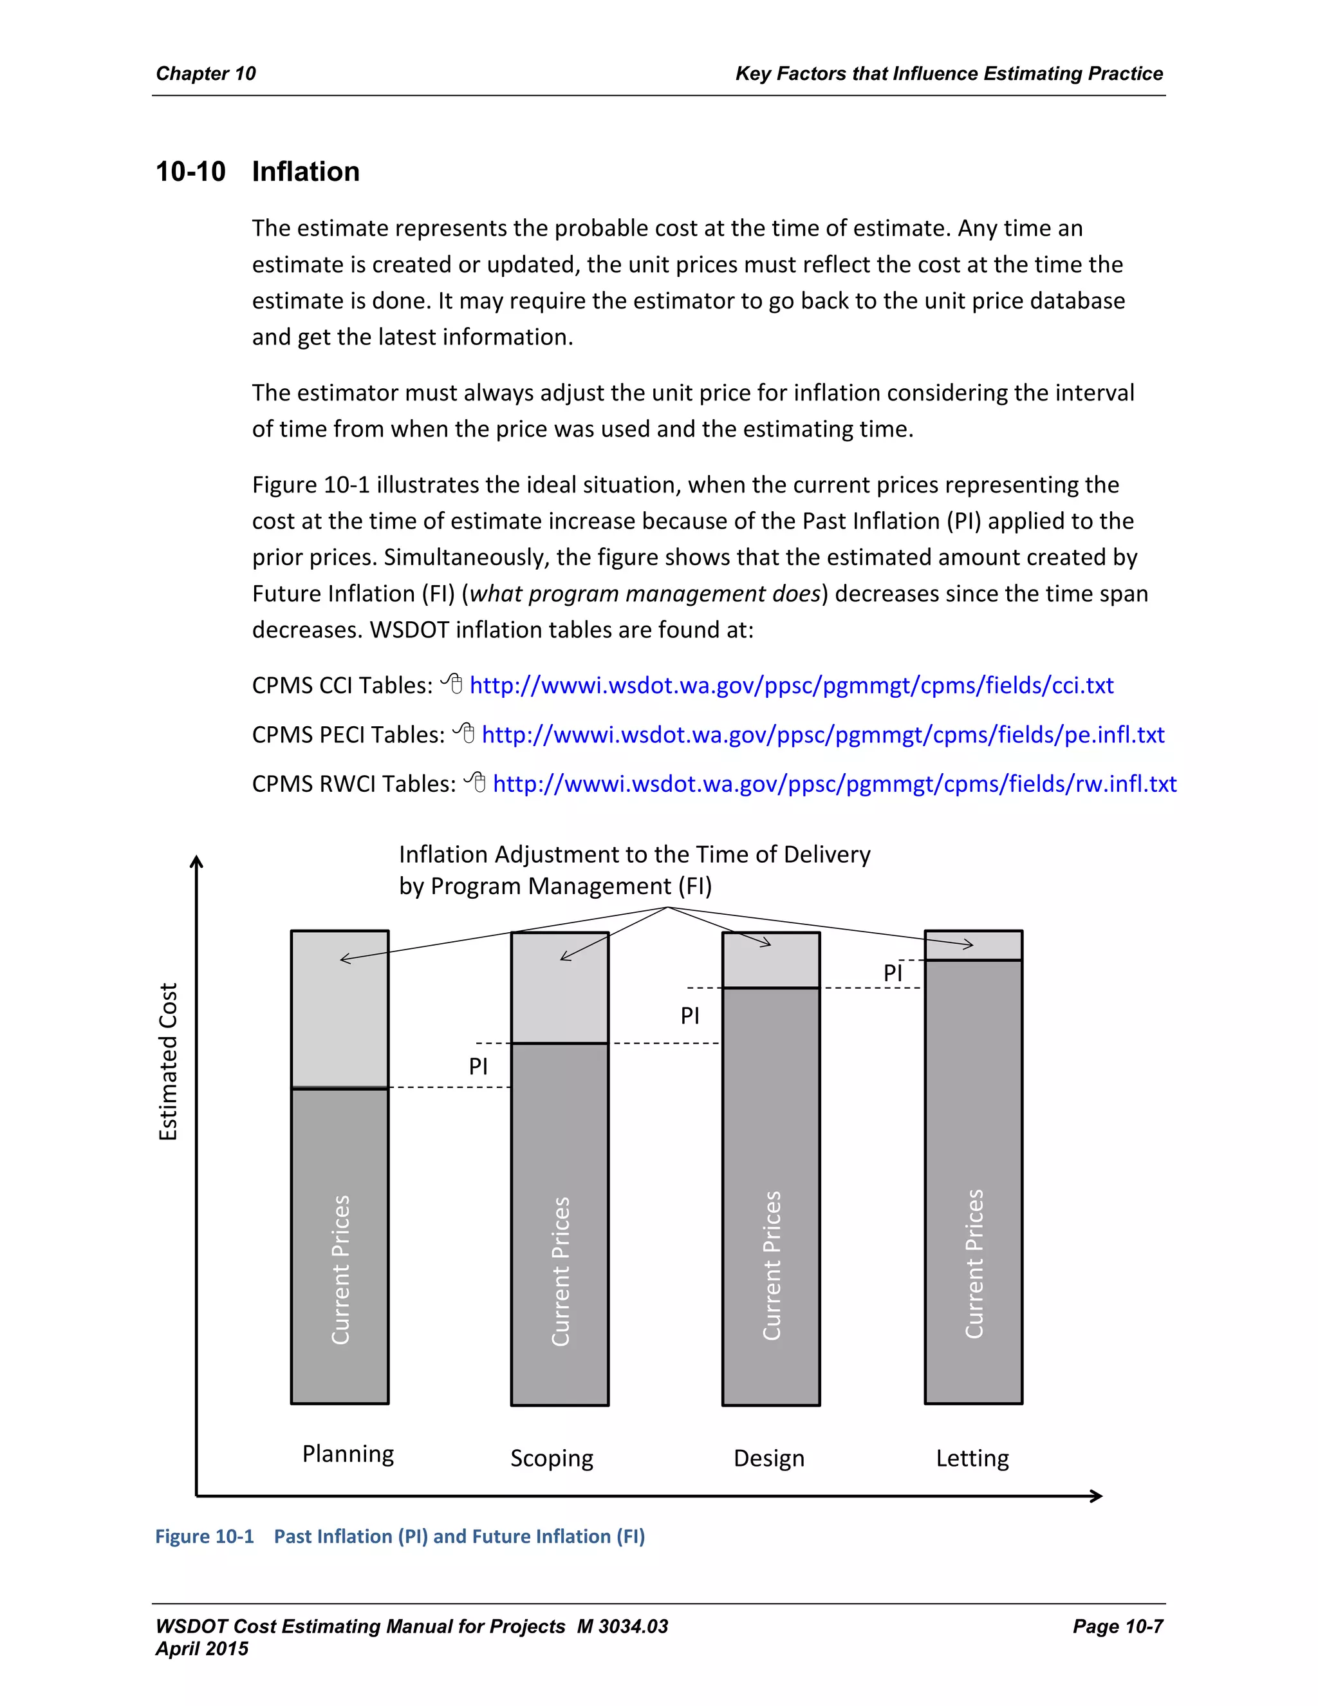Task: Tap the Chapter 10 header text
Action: click(x=205, y=73)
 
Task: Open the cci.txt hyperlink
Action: click(x=791, y=685)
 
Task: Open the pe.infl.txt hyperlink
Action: click(x=822, y=735)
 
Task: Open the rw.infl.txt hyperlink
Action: click(x=834, y=783)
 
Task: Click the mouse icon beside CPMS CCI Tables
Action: click(x=452, y=684)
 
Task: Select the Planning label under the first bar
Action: click(x=348, y=1454)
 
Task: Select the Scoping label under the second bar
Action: click(x=552, y=1458)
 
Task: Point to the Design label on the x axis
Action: click(x=768, y=1458)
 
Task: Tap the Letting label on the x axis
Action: click(x=972, y=1458)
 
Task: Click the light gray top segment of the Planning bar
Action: click(x=340, y=1015)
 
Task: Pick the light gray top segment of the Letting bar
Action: click(x=973, y=945)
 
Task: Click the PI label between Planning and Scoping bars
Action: click(x=478, y=1066)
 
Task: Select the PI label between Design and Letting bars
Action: click(x=893, y=973)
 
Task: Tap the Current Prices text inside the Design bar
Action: click(x=772, y=1266)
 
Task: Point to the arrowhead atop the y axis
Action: click(x=197, y=861)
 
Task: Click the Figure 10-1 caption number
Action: click(x=205, y=1537)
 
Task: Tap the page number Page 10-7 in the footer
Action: click(x=1117, y=1626)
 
